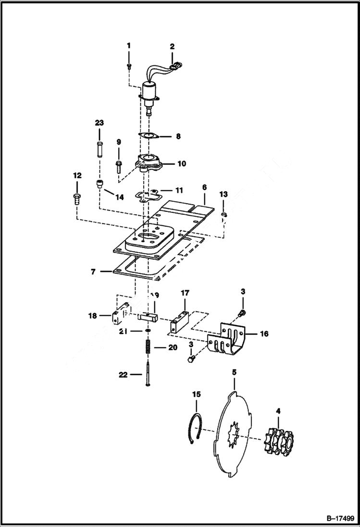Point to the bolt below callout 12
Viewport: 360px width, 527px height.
76,197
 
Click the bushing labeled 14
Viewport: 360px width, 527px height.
100,185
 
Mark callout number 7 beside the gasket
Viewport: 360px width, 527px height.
93,271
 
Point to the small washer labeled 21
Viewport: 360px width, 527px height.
148,331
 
